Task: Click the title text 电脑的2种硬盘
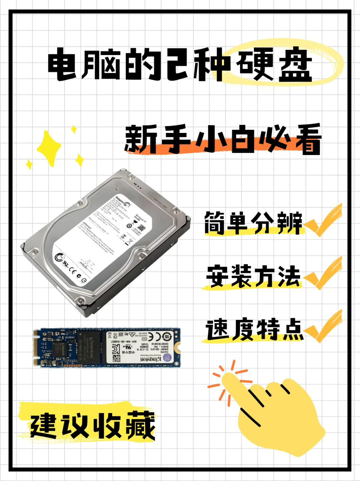point(180,65)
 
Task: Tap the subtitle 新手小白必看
point(223,139)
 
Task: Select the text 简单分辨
point(253,223)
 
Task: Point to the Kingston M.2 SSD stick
point(107,348)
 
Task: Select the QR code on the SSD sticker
point(116,359)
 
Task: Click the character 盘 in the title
point(295,65)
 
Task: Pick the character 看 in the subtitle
point(308,140)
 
